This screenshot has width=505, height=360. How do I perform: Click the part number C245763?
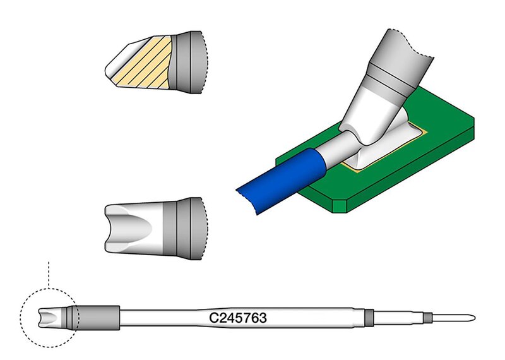(x=238, y=318)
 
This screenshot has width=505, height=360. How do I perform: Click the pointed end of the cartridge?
(x=475, y=318)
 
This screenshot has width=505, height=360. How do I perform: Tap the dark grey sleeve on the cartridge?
(x=98, y=318)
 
